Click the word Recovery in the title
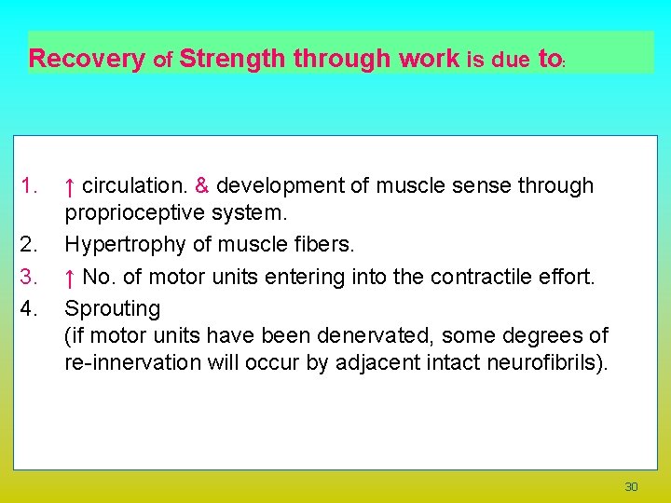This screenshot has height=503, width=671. (x=87, y=60)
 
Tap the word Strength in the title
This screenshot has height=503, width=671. (x=233, y=60)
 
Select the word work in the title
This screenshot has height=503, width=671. (x=429, y=60)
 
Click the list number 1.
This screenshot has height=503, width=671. (x=29, y=186)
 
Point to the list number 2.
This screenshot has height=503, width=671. (x=29, y=246)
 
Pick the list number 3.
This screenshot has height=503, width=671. (x=29, y=277)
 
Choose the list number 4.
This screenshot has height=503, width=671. (x=29, y=307)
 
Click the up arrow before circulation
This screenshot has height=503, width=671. (x=70, y=186)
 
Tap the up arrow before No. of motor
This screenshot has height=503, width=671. (x=70, y=277)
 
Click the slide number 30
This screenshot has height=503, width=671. (x=631, y=487)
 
